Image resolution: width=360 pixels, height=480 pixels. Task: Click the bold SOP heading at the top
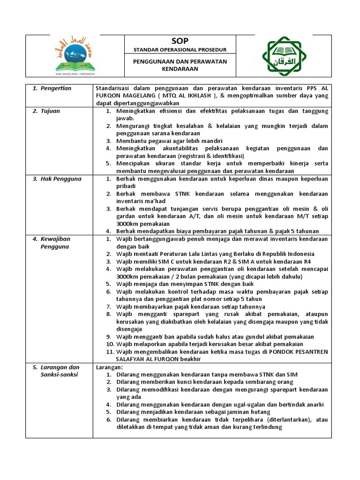tap(180, 41)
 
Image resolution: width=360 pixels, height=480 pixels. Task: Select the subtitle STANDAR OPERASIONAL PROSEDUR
tap(180, 50)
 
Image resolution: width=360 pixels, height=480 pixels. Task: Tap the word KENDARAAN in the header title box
tap(180, 69)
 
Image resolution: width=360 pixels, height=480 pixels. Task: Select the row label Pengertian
tap(55, 88)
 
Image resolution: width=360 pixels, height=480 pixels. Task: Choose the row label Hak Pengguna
tap(60, 179)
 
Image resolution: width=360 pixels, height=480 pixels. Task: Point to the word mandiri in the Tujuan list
tap(210, 141)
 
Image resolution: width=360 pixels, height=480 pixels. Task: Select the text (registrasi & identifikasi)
tap(208, 156)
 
